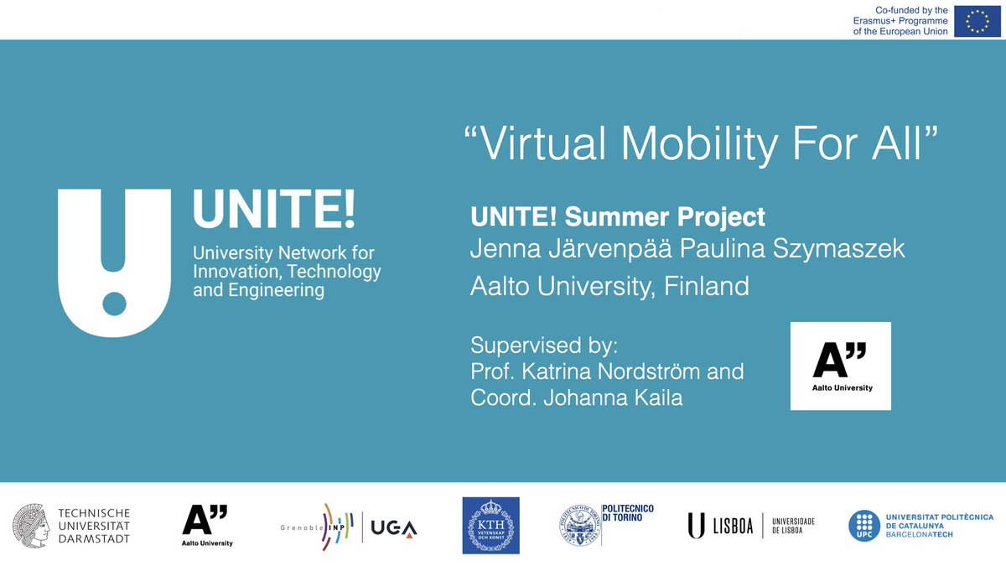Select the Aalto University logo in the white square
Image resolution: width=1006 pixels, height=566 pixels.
point(840,366)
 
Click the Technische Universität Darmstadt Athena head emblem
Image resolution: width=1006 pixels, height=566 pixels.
point(31,527)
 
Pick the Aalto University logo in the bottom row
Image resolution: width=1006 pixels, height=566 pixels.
point(206,526)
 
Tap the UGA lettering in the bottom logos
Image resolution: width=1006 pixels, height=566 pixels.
point(394,528)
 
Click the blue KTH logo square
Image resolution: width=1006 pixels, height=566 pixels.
point(490,526)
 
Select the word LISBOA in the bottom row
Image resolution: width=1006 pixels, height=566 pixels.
point(731,527)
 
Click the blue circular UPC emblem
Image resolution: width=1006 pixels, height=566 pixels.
point(863,527)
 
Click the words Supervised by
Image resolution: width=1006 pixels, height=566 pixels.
point(549,345)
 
